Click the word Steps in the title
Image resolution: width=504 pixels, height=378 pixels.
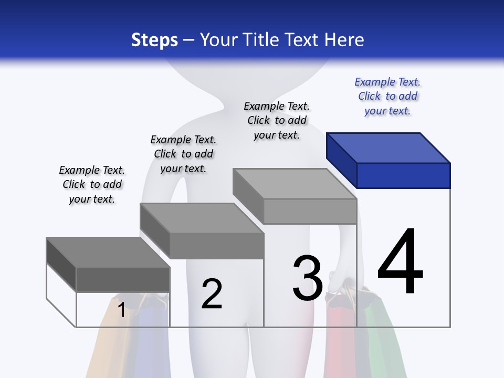pos(154,40)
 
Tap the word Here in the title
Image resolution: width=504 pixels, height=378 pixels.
pos(344,40)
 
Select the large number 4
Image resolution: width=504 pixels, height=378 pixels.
pos(400,262)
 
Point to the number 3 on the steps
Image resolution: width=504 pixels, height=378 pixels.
pos(308,278)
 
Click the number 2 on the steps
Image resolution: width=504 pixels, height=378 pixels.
pos(212,294)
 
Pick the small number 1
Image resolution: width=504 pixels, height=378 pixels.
pos(121,310)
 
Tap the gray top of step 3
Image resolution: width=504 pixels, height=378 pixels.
pos(294,184)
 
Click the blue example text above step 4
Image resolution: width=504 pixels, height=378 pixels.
pos(387,97)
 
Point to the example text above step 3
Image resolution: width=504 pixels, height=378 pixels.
pos(277,120)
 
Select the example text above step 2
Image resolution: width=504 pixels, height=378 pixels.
pos(183,154)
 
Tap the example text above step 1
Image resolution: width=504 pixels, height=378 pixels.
pos(92,184)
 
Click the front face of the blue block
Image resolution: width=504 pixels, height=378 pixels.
pos(403,175)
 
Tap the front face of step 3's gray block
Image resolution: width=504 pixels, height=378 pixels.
pos(310,211)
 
